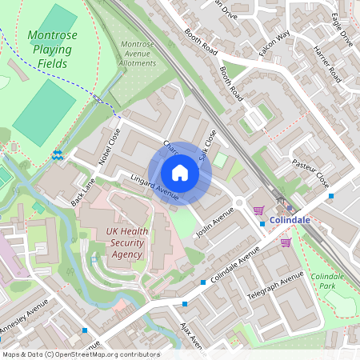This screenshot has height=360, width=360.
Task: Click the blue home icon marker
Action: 180,173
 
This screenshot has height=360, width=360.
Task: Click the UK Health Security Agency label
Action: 124,243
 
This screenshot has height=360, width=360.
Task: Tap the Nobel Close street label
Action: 110,147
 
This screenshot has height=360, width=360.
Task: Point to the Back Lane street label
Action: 82,191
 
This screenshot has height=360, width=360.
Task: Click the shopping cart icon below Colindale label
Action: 286,242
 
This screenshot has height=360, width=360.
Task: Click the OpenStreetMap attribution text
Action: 80,354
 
